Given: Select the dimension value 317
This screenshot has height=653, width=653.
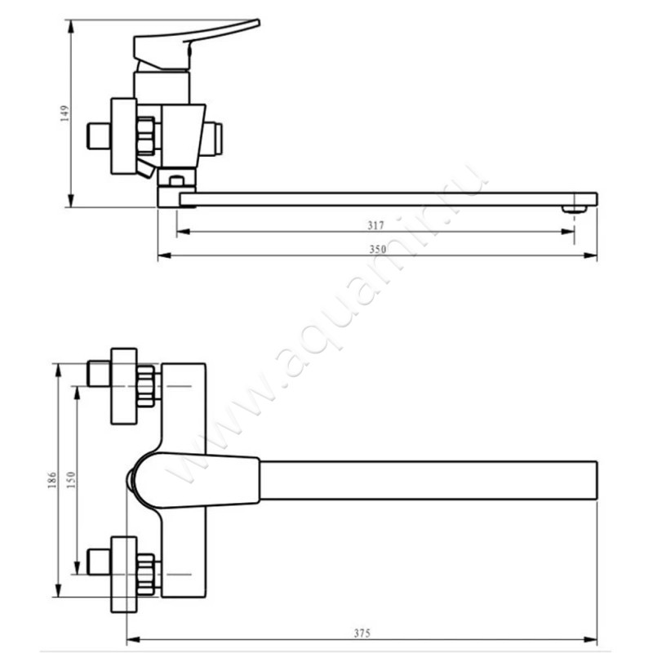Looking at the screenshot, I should point(376,225).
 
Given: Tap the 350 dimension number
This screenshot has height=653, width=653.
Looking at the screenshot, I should point(376,250).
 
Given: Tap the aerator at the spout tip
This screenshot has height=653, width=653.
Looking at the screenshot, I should point(576,207).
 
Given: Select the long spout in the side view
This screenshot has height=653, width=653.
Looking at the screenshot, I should point(384,199).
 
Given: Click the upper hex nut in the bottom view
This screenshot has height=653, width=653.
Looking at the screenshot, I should point(147,386).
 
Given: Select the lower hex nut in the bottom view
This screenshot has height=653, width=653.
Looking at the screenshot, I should point(147,574).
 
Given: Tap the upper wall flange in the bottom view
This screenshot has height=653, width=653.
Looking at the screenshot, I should point(123,386).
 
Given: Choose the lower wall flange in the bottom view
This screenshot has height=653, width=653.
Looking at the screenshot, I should point(123,574).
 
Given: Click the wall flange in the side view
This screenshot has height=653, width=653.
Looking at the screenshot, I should point(123,136).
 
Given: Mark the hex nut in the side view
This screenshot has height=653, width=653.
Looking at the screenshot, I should point(146,136).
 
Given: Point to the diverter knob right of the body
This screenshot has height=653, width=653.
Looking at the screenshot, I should point(213,138).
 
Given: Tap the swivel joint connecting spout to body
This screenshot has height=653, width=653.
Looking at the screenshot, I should point(176,186).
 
